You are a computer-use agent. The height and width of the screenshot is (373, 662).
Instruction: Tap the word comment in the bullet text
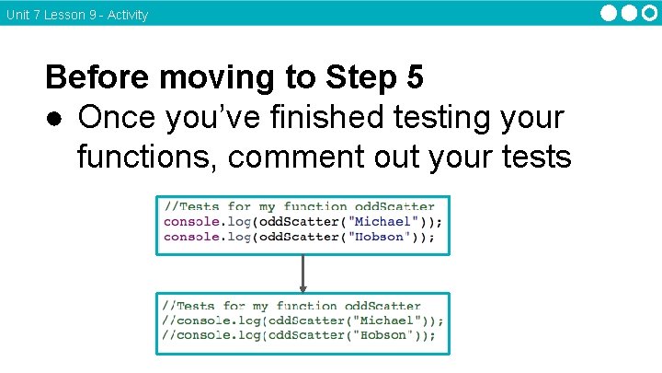pos(291,157)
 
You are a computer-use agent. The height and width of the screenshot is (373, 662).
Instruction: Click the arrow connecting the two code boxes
pos(302,274)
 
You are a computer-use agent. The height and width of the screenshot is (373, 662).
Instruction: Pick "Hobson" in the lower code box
pos(379,335)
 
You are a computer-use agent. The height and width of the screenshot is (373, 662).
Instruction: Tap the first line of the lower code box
pos(291,306)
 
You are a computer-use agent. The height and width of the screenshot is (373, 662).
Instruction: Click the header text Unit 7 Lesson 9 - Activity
pos(76,15)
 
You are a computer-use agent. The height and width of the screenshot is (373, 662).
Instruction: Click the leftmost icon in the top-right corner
pos(611,13)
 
